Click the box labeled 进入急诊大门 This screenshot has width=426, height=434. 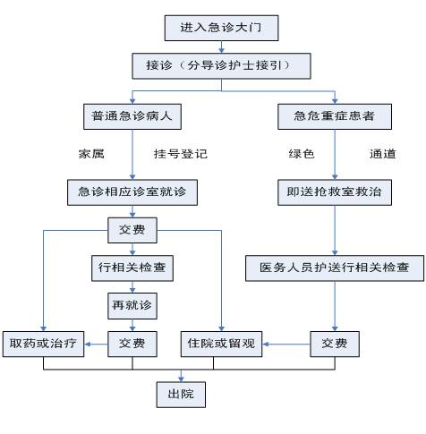[x=221, y=28]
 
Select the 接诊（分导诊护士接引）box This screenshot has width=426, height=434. [x=221, y=66]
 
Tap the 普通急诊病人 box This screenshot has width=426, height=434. [x=132, y=116]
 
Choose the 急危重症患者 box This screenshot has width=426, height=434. [x=335, y=116]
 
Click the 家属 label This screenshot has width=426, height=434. [x=91, y=154]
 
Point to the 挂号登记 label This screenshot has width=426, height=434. [x=181, y=154]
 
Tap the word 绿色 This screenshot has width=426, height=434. [x=302, y=154]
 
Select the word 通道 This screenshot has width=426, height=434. [x=383, y=154]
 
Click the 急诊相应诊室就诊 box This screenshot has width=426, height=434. [x=132, y=192]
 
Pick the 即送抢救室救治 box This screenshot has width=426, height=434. [x=335, y=192]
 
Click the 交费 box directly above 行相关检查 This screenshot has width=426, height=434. [x=132, y=230]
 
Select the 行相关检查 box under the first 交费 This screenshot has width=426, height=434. [x=132, y=268]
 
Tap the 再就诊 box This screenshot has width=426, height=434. [x=132, y=306]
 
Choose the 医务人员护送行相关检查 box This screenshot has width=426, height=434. [x=335, y=268]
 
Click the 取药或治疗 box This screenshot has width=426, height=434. [x=43, y=344]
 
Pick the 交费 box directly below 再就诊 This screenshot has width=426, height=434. [x=132, y=344]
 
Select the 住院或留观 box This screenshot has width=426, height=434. [x=221, y=344]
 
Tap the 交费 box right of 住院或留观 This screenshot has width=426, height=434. [x=335, y=344]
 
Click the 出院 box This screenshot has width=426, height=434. [x=181, y=395]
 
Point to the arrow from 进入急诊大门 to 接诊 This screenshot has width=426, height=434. [x=221, y=47]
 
